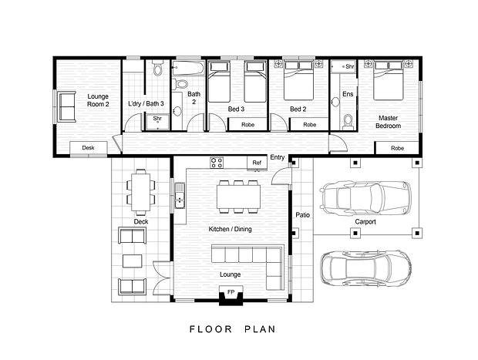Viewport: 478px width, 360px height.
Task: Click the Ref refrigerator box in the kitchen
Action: click(257, 163)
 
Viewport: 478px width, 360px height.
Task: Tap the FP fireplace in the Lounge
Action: click(231, 295)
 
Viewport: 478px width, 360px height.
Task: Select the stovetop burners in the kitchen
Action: click(217, 162)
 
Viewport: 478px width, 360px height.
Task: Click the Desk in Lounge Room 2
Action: click(89, 148)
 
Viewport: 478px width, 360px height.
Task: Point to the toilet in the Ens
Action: click(347, 120)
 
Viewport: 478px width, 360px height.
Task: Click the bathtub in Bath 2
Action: click(188, 68)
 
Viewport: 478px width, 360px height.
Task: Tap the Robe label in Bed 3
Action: click(247, 125)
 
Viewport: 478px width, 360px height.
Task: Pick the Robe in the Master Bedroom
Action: click(397, 148)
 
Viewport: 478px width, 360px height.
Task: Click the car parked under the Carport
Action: click(365, 198)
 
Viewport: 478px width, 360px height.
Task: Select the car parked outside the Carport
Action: click(365, 268)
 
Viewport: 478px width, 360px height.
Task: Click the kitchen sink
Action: click(180, 195)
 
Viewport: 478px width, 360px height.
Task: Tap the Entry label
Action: click(277, 157)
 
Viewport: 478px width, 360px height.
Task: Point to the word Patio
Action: click(303, 215)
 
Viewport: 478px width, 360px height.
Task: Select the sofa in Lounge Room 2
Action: click(67, 106)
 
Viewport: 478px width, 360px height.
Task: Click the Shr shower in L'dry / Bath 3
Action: click(157, 122)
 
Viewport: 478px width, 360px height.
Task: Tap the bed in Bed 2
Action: click(298, 80)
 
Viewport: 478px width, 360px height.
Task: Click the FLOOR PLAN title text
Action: click(233, 329)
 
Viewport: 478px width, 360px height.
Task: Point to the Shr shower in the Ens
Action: click(344, 67)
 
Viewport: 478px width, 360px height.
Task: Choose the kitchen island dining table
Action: click(238, 197)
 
